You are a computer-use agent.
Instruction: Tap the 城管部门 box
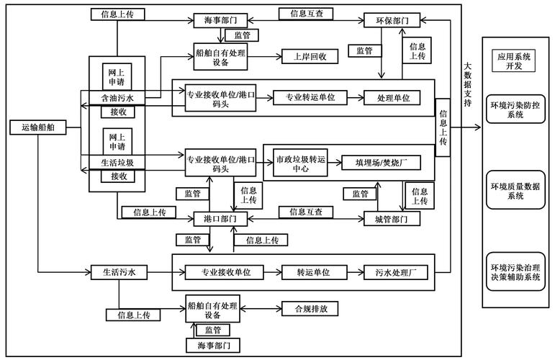(x=391, y=218)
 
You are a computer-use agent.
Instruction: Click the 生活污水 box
(x=119, y=272)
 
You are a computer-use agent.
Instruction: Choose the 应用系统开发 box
(x=513, y=60)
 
